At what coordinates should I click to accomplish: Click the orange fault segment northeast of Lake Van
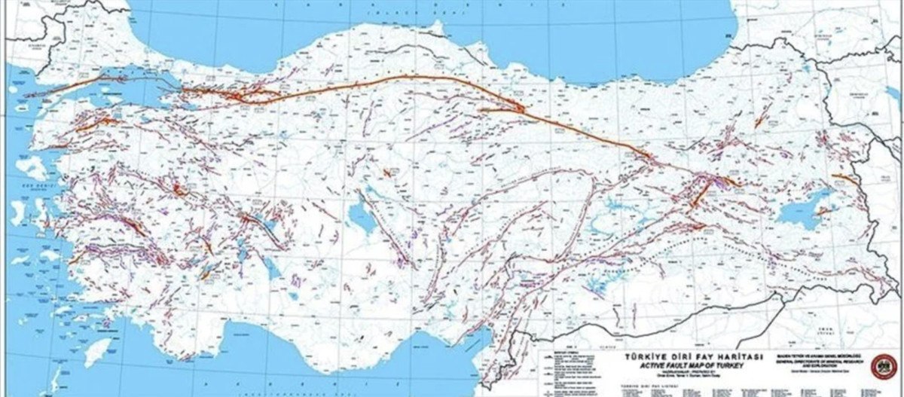pos(844,179)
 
